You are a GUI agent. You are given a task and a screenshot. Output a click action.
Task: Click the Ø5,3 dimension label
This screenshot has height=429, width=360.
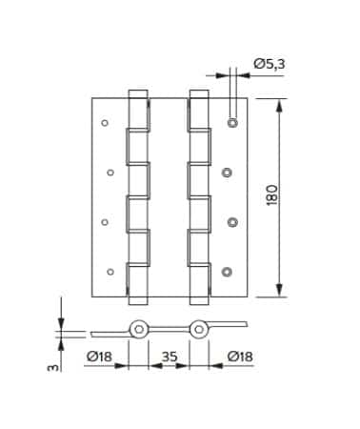[270, 64]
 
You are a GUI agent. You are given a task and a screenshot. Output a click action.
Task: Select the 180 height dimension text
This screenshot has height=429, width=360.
[272, 194]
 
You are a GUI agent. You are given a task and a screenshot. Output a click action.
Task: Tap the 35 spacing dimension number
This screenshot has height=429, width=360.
[170, 357]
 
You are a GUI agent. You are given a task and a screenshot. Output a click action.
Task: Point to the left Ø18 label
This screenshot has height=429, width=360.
[100, 357]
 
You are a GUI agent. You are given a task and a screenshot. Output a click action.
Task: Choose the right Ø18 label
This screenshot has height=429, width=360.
[240, 357]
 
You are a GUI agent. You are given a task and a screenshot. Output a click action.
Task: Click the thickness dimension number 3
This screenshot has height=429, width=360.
[53, 367]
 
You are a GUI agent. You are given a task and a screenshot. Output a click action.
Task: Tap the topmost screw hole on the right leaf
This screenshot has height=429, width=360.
[233, 122]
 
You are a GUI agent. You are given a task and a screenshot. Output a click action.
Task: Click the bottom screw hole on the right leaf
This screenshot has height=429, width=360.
[227, 272]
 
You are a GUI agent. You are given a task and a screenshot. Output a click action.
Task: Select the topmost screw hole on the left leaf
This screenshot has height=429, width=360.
[105, 123]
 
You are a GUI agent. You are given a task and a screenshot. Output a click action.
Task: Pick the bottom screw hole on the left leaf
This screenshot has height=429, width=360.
[110, 272]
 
